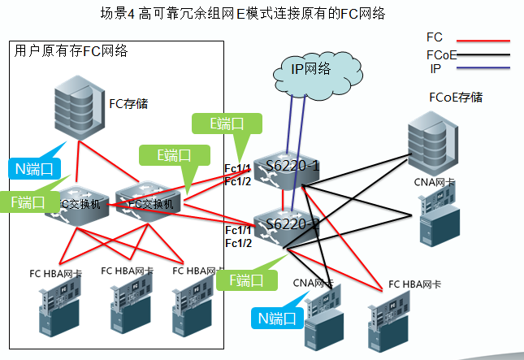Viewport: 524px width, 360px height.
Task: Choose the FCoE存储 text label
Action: [x=455, y=98]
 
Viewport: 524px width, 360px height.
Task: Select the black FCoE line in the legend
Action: [x=484, y=55]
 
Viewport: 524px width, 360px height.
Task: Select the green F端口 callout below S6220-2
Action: [x=240, y=280]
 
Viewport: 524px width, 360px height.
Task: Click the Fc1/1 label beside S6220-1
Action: [x=238, y=168]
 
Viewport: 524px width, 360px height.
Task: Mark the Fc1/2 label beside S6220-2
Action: [x=238, y=243]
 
